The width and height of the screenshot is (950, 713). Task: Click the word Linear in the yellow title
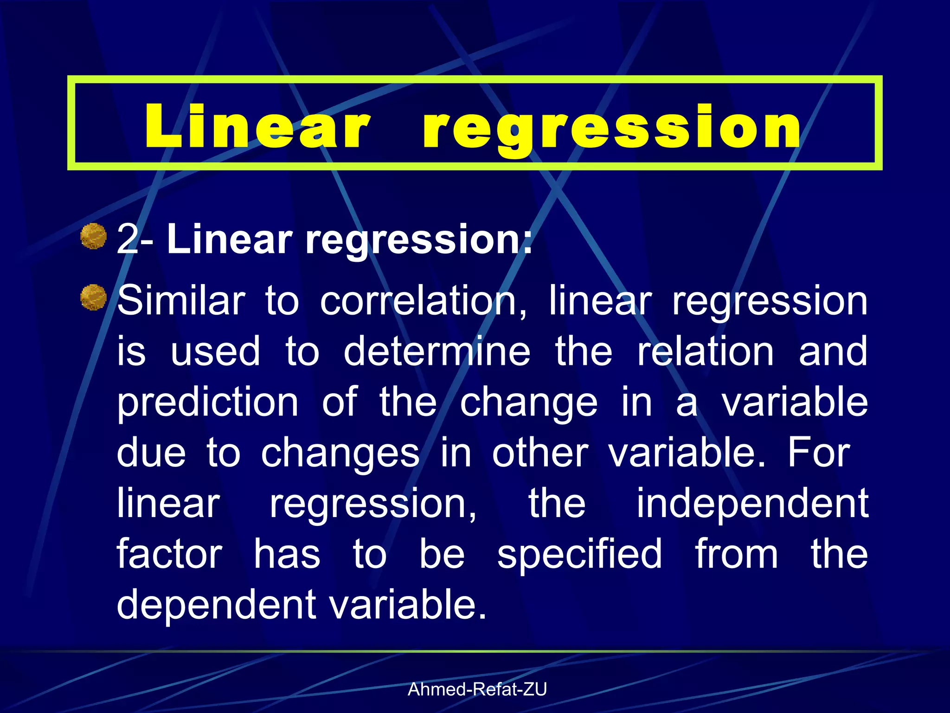click(x=257, y=126)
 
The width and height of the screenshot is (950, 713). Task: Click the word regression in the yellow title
click(x=611, y=128)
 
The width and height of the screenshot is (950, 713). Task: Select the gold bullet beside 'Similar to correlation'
click(x=94, y=297)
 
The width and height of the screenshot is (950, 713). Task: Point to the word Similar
click(x=181, y=301)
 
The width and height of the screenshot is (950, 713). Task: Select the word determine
click(x=437, y=352)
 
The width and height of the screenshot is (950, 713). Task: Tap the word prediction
click(x=207, y=403)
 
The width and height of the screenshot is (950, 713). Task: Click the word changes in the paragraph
click(x=340, y=454)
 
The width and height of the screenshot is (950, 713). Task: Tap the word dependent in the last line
click(x=217, y=605)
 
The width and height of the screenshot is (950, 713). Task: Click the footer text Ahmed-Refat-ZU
click(x=477, y=690)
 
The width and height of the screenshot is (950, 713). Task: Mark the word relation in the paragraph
click(x=705, y=352)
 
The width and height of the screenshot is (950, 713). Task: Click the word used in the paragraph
click(x=215, y=352)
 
